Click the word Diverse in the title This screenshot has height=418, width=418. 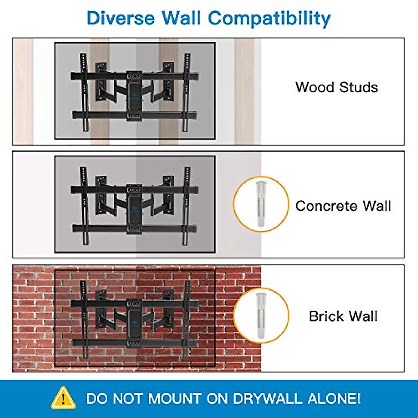[x=120, y=18]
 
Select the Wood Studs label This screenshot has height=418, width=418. [x=336, y=87]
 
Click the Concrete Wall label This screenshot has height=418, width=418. [x=343, y=206]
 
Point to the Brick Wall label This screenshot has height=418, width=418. [x=343, y=316]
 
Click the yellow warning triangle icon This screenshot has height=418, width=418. [x=63, y=398]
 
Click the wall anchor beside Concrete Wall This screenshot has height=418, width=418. [x=261, y=204]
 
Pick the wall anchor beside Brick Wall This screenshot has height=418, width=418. [x=261, y=316]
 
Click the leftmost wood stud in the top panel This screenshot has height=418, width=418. [x=23, y=91]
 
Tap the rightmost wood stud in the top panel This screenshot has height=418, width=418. [x=244, y=91]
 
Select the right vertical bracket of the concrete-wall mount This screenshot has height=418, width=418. [x=187, y=206]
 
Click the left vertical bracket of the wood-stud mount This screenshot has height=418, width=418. [x=84, y=92]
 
